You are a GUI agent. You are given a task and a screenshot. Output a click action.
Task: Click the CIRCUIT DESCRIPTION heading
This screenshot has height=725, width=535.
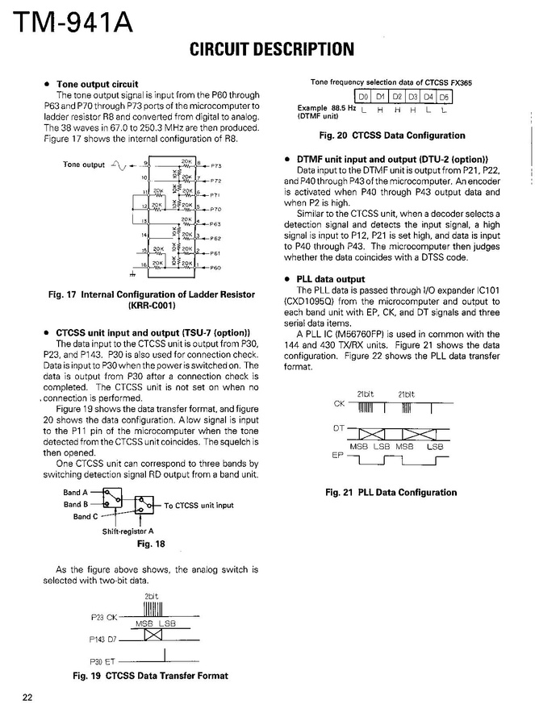tap(271, 50)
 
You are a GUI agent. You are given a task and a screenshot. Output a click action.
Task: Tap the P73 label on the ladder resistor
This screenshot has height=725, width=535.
tap(216, 165)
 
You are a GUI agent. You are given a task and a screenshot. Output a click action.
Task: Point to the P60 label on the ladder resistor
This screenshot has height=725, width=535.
tap(216, 267)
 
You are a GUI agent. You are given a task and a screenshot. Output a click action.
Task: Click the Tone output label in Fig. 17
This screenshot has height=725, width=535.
tap(84, 165)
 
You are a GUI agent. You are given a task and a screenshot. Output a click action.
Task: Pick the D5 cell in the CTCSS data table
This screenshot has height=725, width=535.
tap(444, 98)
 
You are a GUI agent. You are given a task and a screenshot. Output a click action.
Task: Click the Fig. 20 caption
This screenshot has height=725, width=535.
tap(392, 135)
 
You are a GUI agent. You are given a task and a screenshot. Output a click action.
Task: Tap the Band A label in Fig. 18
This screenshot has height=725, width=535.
tap(76, 492)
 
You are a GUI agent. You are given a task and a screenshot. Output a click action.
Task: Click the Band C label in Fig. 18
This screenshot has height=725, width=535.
tap(86, 516)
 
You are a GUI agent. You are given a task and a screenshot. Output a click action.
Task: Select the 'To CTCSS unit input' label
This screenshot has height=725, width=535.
tap(199, 506)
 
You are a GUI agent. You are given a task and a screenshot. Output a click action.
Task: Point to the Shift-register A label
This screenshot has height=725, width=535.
tap(127, 531)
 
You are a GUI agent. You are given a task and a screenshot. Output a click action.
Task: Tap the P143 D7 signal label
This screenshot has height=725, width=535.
tap(103, 640)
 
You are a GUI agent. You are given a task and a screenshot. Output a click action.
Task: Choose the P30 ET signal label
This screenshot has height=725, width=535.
tap(103, 661)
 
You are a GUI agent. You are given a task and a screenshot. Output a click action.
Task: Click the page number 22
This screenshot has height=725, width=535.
tap(27, 698)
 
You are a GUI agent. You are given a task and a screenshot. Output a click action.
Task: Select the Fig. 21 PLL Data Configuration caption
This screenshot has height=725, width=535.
tap(391, 493)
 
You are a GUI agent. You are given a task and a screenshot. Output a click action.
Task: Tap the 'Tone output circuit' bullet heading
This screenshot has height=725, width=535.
tap(97, 84)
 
